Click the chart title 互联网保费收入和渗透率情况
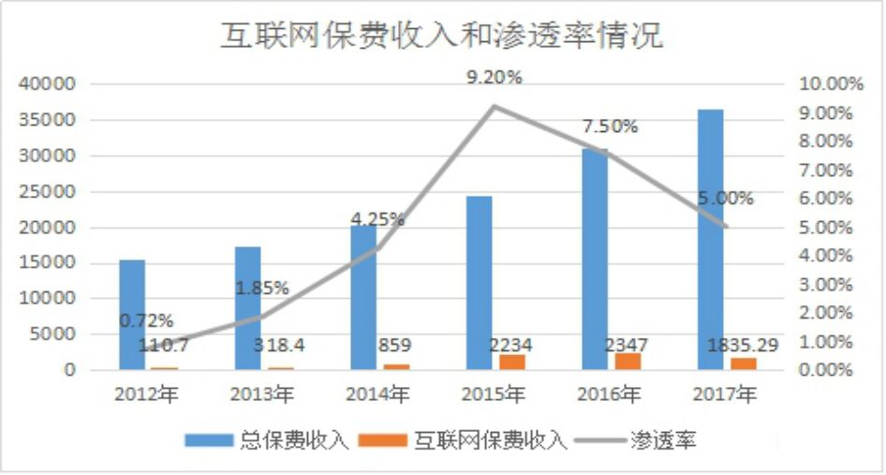(x=441, y=36)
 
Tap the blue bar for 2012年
(x=132, y=315)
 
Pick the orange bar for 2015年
(x=512, y=362)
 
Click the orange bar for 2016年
(x=628, y=361)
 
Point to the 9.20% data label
(x=495, y=79)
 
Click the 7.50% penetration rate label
(x=610, y=126)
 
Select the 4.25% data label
(x=377, y=219)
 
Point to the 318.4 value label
(x=283, y=346)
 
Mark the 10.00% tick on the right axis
(x=830, y=84)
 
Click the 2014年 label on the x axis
(x=377, y=394)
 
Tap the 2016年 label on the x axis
(x=610, y=394)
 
